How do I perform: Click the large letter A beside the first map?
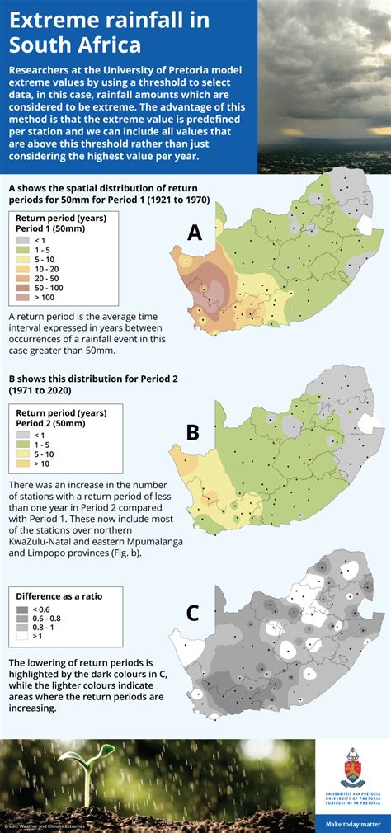tap(195, 233)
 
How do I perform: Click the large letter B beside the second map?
tap(192, 433)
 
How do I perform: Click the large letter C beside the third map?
tap(192, 613)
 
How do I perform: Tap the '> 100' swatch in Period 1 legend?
tap(22, 297)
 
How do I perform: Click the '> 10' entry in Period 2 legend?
tap(22, 464)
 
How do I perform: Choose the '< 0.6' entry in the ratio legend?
tap(22, 609)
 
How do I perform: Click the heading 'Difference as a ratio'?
tap(58, 595)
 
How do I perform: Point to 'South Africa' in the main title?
tap(75, 44)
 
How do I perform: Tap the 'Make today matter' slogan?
tap(352, 822)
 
